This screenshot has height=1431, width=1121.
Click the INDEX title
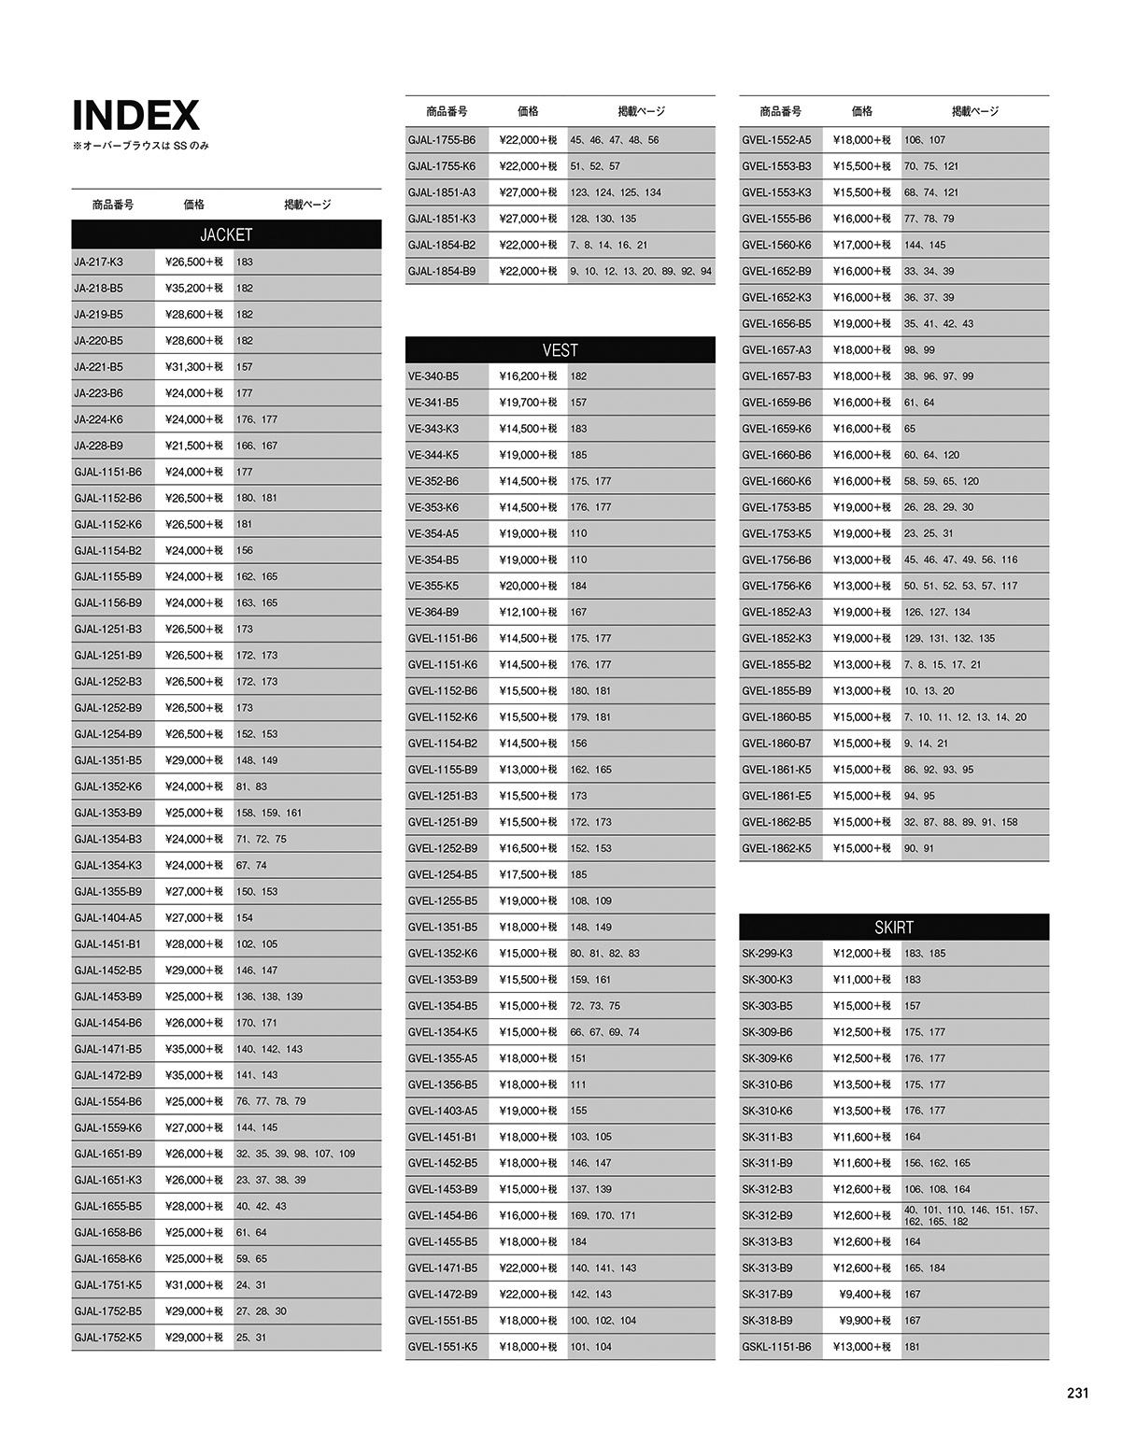[136, 116]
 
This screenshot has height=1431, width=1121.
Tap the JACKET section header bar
[226, 234]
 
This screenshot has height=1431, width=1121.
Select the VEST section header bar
[560, 350]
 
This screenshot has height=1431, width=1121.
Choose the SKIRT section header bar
[893, 928]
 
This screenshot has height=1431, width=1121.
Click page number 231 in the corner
[1077, 1393]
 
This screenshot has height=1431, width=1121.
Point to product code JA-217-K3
[99, 262]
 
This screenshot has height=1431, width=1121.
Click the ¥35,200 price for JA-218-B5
[194, 289]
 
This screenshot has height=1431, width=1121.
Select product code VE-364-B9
[433, 613]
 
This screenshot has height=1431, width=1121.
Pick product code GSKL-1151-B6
[776, 1347]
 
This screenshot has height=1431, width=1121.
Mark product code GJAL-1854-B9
[442, 272]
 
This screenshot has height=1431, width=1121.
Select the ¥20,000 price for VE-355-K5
[528, 587]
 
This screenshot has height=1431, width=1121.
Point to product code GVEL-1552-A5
[776, 140]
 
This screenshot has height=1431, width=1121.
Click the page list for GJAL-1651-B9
[295, 1155]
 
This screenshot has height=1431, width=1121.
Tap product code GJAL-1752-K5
[108, 1338]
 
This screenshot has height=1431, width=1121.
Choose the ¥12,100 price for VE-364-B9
[528, 613]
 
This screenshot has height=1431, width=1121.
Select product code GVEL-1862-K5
[776, 849]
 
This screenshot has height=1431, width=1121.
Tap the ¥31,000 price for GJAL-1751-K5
[194, 1285]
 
